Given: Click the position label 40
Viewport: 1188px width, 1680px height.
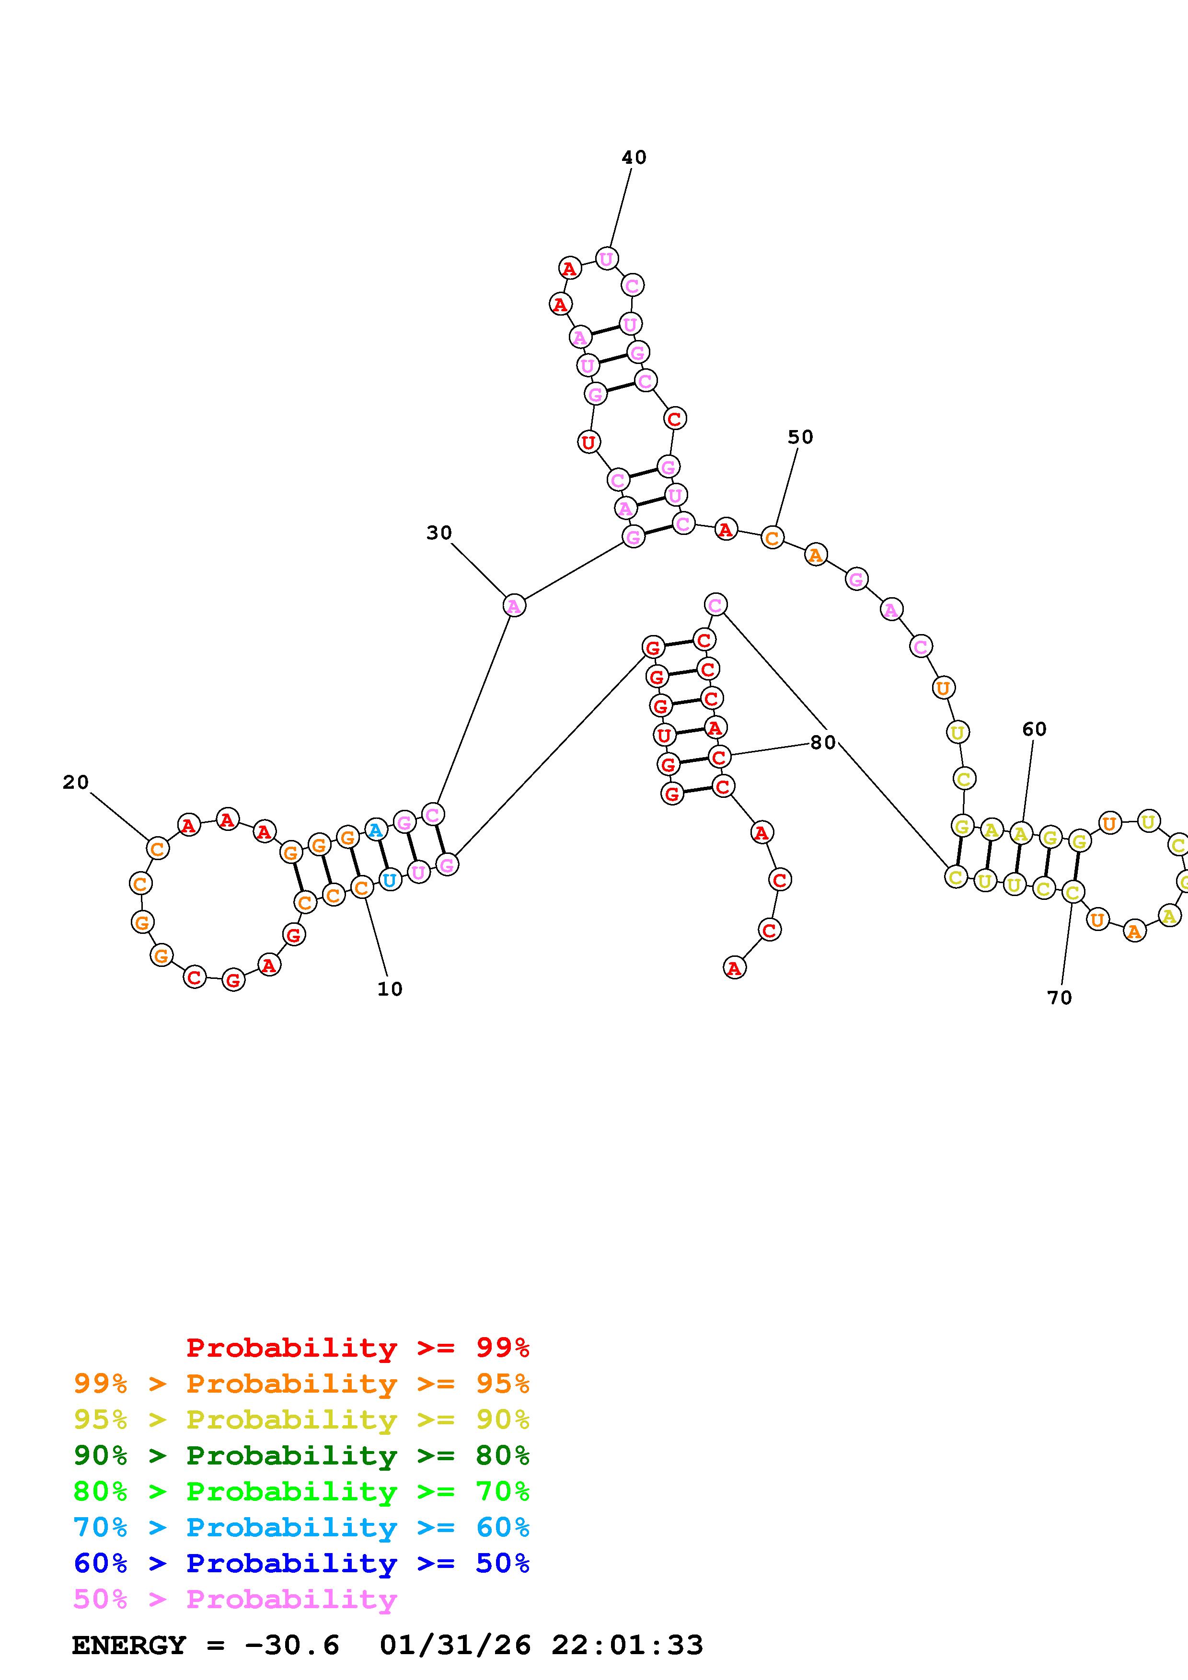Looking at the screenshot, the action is tap(634, 157).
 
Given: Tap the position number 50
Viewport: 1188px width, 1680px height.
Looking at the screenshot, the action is tap(800, 437).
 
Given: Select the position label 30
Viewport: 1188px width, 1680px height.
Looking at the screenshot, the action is tap(439, 533).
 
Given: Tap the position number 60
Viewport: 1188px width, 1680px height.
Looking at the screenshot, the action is tap(1034, 729).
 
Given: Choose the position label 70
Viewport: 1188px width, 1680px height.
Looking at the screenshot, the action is tap(1059, 997).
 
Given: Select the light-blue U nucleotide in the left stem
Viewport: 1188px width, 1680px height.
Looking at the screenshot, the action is tap(390, 880).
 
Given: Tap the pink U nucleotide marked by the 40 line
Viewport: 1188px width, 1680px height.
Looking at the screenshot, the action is tap(606, 258).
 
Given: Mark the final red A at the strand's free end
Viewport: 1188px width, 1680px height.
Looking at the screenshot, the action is tap(734, 968).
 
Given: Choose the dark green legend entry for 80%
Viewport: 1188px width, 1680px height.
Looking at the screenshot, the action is tap(301, 1455).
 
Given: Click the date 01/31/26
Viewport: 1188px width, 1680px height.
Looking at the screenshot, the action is tap(455, 1646).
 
